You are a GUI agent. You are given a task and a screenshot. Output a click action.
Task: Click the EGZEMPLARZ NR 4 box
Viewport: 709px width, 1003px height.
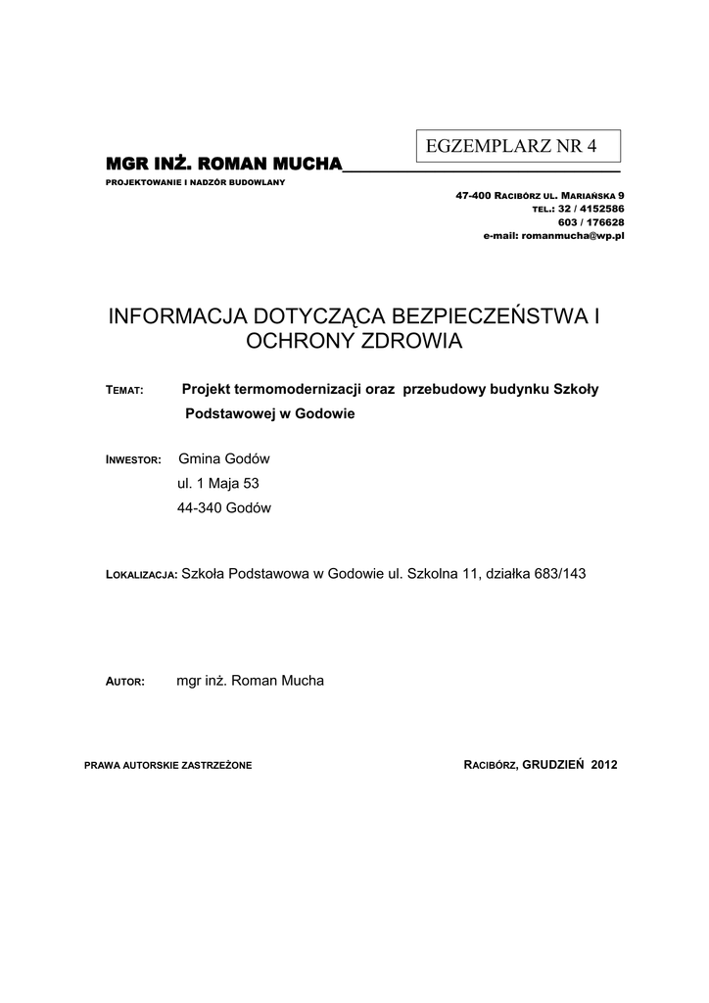[519, 147]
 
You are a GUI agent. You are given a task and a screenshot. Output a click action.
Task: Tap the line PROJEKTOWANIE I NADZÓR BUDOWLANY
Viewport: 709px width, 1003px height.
[195, 184]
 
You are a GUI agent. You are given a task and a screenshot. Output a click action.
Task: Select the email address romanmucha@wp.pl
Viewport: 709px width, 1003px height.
[573, 236]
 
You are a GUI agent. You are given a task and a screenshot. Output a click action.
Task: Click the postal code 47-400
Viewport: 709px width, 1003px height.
[472, 196]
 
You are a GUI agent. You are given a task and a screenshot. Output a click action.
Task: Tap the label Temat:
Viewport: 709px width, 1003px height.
[124, 391]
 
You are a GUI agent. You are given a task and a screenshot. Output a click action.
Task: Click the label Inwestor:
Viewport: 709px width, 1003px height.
[132, 459]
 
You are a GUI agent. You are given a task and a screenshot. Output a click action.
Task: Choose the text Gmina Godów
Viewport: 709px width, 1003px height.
[223, 458]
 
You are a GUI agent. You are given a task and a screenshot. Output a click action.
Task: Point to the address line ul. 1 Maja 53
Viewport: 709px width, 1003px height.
[217, 483]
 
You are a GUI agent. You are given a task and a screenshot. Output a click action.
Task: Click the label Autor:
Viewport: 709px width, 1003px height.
[124, 681]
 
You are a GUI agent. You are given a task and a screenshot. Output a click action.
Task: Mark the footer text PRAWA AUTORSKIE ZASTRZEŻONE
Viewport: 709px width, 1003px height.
[168, 764]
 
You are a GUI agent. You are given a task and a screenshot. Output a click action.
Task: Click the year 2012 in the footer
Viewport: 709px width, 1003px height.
[604, 763]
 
